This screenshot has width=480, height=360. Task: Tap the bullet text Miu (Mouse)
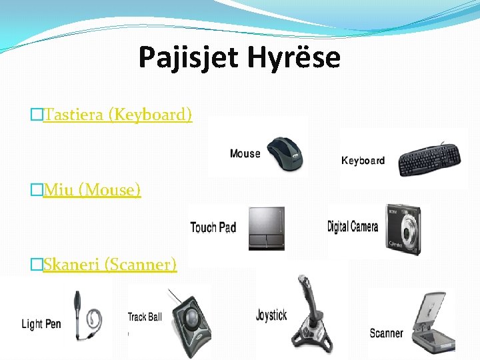(92, 190)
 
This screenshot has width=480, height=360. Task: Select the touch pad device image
(267, 228)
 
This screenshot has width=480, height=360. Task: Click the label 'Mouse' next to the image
(245, 154)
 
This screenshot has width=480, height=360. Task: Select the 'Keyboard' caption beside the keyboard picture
(363, 161)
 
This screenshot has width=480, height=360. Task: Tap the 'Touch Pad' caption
(213, 228)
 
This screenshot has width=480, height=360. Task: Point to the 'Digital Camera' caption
(353, 227)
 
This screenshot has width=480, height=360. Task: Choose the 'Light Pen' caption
(41, 324)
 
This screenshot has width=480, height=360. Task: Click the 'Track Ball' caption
(145, 317)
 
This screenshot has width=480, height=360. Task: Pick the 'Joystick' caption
(271, 315)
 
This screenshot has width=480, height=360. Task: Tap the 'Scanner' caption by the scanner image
(386, 333)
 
